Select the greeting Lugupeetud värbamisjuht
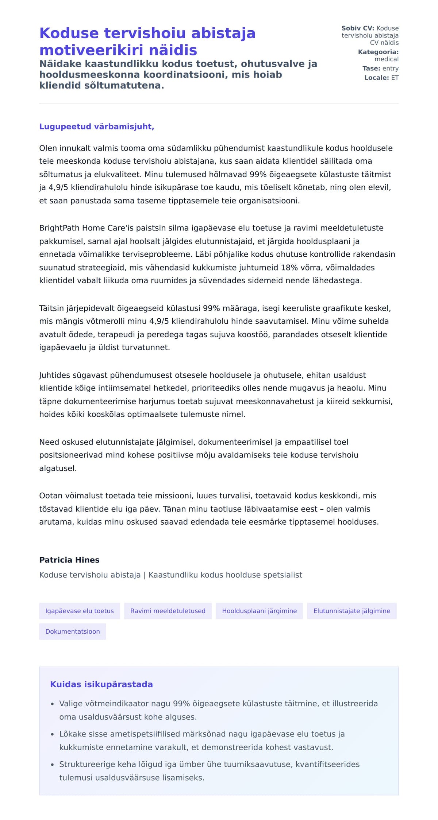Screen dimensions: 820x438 (x=97, y=127)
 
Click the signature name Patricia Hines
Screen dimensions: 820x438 (x=69, y=560)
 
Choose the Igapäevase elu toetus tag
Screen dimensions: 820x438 (x=80, y=611)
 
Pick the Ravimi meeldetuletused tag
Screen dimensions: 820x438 (x=168, y=611)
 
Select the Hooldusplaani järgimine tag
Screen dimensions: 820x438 (x=260, y=611)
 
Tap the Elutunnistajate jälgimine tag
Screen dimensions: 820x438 (x=352, y=611)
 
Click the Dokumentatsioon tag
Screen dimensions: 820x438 (x=73, y=631)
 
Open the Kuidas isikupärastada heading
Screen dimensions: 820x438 (x=101, y=684)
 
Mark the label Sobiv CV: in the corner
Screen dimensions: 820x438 (x=358, y=28)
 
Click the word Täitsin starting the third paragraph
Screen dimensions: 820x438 (x=51, y=308)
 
